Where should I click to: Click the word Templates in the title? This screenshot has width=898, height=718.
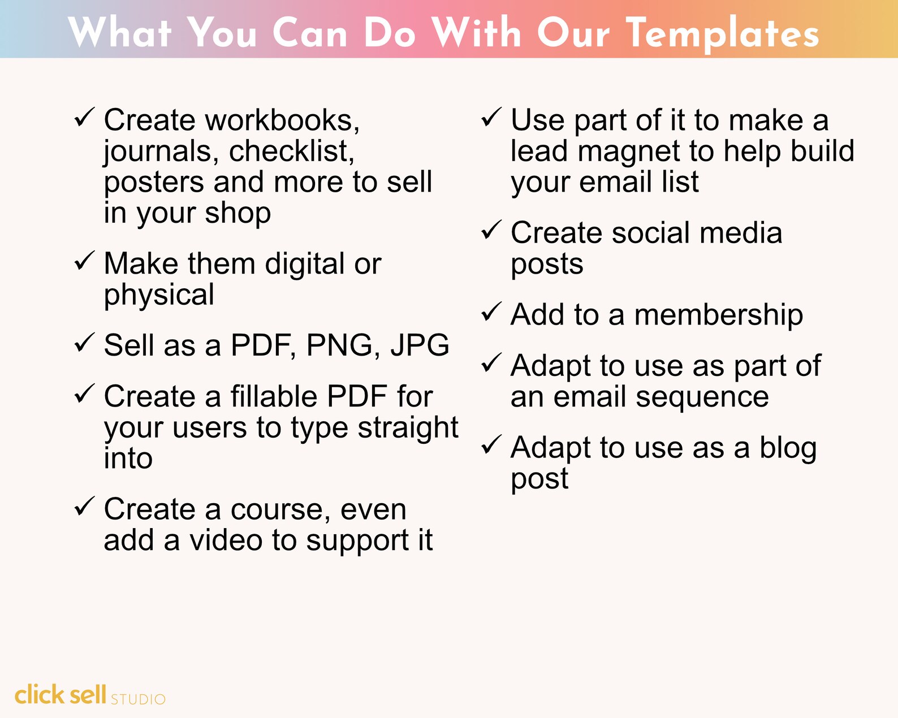tap(723, 33)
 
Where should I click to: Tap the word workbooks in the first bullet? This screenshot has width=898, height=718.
tap(282, 120)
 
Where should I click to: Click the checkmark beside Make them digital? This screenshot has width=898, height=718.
tap(84, 261)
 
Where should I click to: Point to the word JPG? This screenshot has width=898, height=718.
tap(420, 345)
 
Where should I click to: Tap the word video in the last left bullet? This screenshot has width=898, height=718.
tap(226, 540)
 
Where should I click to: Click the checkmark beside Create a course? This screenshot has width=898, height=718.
tap(84, 506)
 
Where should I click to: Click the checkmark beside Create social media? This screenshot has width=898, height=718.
tap(491, 230)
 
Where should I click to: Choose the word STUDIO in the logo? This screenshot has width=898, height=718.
tap(138, 699)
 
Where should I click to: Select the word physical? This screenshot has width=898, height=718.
tap(159, 295)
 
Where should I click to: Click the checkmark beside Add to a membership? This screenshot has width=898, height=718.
tap(491, 312)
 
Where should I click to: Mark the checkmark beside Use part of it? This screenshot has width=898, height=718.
tap(491, 118)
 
